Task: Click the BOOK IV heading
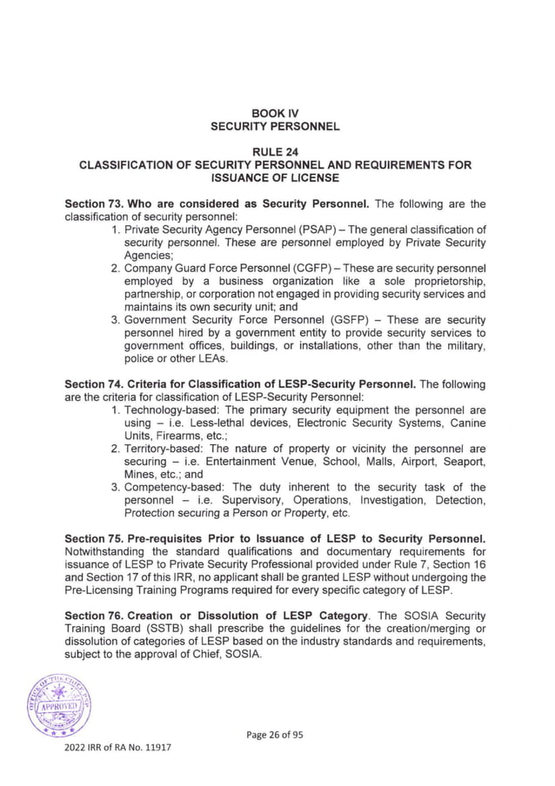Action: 276,113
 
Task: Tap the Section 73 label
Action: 97,203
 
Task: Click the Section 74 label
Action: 97,384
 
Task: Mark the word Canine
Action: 465,423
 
